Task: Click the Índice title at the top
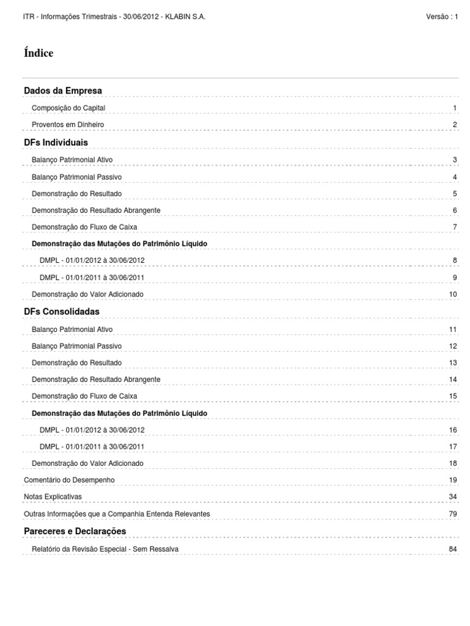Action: click(39, 53)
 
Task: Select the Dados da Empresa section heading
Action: click(63, 90)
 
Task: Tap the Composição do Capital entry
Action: click(69, 108)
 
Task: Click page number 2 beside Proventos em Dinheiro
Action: click(455, 125)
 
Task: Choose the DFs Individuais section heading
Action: click(56, 142)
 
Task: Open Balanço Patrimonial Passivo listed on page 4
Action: click(76, 177)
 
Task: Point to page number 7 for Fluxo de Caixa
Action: click(455, 227)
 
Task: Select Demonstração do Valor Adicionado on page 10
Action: click(88, 294)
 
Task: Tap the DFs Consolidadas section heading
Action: click(61, 312)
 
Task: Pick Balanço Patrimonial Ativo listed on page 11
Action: click(72, 330)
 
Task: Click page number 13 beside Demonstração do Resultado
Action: click(453, 363)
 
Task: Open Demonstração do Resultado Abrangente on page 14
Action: click(95, 380)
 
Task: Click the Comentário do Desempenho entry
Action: click(69, 480)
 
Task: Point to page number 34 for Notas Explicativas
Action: click(453, 496)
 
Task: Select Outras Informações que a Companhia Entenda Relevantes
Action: click(116, 514)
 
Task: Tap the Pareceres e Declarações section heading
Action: click(75, 531)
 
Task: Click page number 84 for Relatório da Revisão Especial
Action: click(453, 549)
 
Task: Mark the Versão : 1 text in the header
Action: click(442, 17)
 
